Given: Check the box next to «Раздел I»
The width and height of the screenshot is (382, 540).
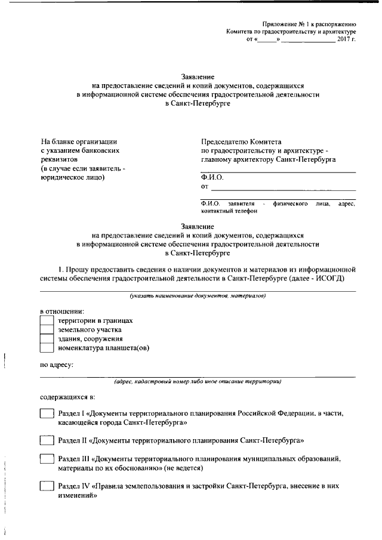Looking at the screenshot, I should (x=47, y=414).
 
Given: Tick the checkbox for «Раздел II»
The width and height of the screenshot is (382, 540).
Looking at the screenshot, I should (x=47, y=441).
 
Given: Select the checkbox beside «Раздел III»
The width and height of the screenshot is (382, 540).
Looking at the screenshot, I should (x=47, y=459).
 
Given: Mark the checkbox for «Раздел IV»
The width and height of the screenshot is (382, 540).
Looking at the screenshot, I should (x=47, y=486).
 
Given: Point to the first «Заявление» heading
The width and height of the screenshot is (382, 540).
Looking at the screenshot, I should (x=197, y=77).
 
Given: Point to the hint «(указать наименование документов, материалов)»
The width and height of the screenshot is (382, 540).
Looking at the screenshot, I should (x=198, y=296).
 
